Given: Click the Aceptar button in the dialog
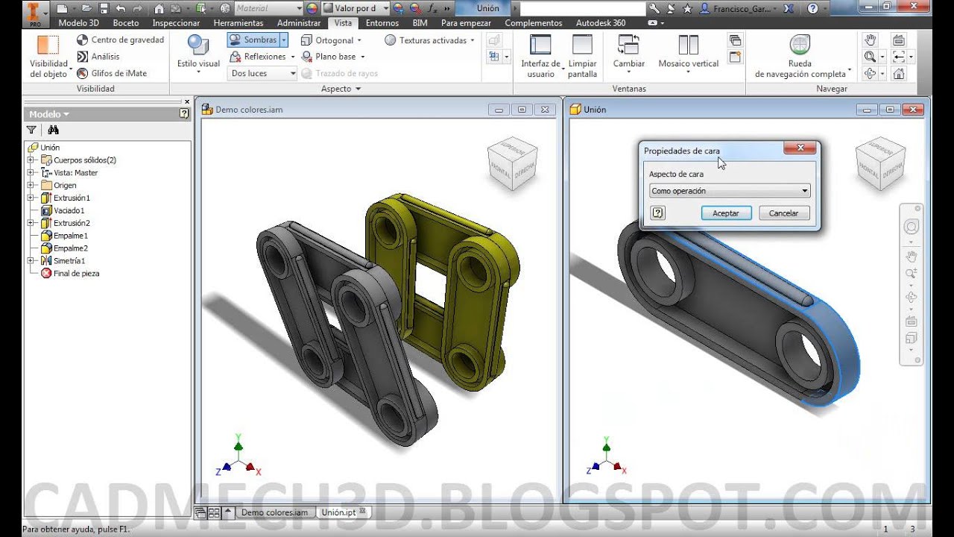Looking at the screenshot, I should [726, 213].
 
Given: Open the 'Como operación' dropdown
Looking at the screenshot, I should [730, 191].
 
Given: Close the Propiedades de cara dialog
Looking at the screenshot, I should [800, 148].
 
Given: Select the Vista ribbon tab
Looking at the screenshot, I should [343, 23].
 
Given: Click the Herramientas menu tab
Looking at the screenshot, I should [238, 23].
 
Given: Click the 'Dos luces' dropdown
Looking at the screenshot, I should [262, 73].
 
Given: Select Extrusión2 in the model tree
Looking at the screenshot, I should [72, 223].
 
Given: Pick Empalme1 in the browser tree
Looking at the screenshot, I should [70, 236].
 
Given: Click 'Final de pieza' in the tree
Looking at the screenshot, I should [76, 274].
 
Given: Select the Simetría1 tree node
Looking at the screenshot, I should [69, 261].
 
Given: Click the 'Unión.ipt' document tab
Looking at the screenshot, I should [338, 512].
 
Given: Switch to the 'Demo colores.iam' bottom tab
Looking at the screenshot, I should [274, 512].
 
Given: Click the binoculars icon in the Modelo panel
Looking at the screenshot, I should [53, 130].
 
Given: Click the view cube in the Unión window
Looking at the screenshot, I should [879, 163].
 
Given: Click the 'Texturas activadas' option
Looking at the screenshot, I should [432, 40].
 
